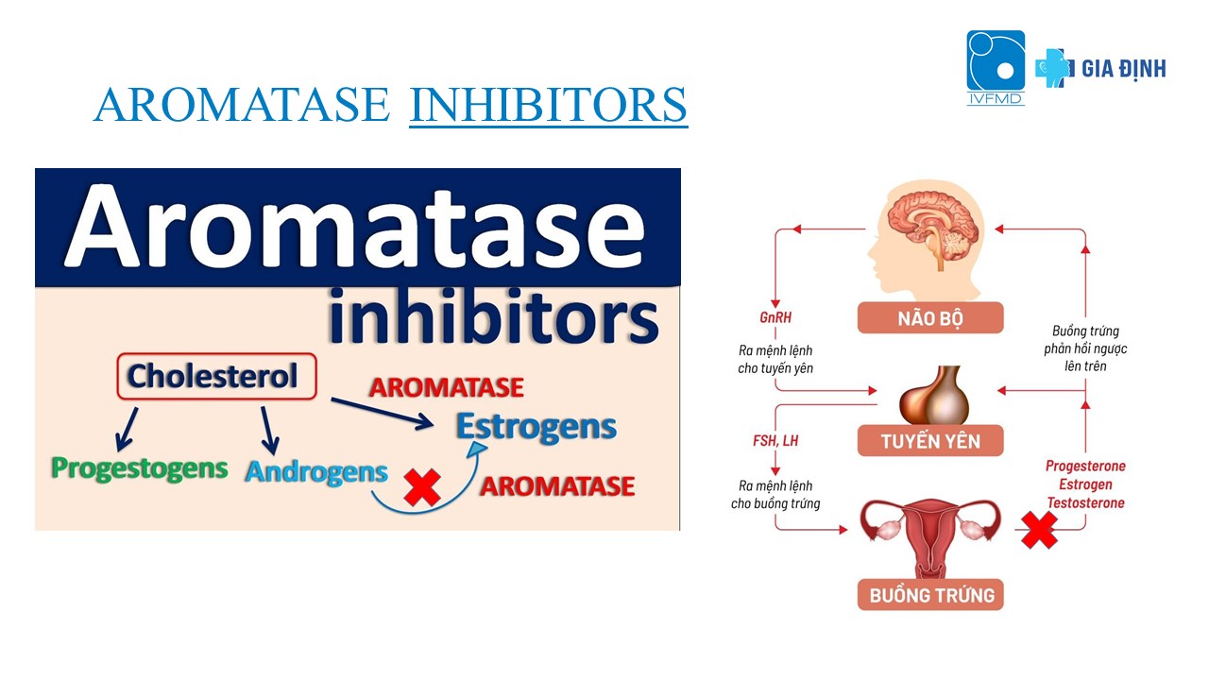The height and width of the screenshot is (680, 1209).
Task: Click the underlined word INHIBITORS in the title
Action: (549, 104)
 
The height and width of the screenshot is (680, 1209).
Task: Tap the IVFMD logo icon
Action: (996, 67)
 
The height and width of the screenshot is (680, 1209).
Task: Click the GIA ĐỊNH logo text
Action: (1124, 69)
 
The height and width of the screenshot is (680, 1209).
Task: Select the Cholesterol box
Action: (216, 376)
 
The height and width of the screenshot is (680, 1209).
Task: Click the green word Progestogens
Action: (139, 469)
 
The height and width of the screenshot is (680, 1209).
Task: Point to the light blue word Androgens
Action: (316, 472)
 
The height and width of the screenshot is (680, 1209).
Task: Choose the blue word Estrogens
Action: (536, 427)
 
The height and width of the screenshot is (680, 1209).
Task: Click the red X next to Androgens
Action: (422, 487)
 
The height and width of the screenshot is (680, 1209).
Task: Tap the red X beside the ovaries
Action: (1040, 530)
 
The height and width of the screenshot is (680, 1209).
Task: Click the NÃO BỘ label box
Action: (930, 318)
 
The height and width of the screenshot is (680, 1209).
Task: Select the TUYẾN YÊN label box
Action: (930, 441)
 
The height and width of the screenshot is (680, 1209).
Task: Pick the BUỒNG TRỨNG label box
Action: (930, 595)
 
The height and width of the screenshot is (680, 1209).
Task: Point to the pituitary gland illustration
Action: (934, 395)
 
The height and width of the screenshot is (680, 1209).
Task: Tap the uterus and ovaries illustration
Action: (930, 537)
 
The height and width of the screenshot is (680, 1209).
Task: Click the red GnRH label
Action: (775, 317)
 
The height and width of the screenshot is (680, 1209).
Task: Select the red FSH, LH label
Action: (775, 441)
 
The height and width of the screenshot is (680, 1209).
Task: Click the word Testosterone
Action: (1086, 503)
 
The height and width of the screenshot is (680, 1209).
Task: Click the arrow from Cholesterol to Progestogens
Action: (127, 430)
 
